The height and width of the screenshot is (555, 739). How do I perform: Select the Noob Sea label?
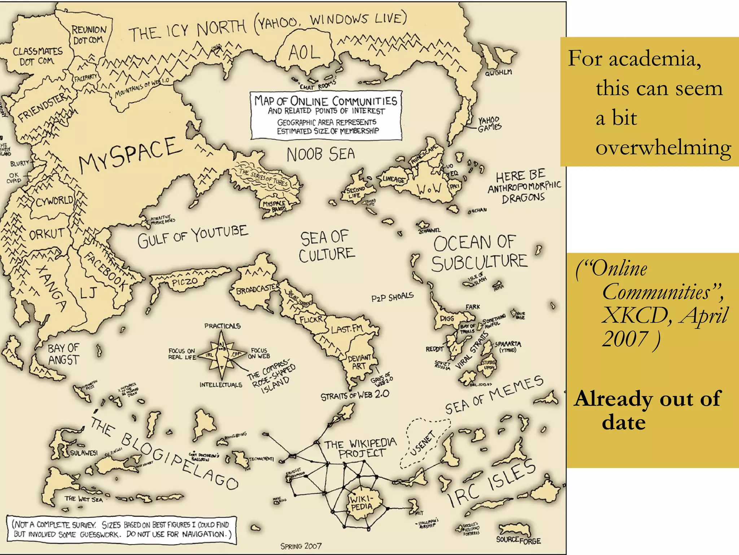pos(320,154)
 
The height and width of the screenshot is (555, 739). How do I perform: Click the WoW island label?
pos(429,188)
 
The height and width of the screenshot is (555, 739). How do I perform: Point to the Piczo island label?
pos(184,281)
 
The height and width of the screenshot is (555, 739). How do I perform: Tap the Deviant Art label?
pos(359,362)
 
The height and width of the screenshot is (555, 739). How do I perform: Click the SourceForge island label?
pos(518,540)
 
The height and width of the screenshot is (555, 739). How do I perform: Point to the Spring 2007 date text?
pos(301,546)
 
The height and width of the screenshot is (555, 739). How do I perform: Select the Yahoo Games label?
pos(489,124)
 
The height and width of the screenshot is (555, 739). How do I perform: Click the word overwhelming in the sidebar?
pos(663,148)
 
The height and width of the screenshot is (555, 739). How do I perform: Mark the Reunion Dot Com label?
pos(89,35)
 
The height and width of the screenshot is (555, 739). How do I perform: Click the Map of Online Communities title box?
pos(326,115)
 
